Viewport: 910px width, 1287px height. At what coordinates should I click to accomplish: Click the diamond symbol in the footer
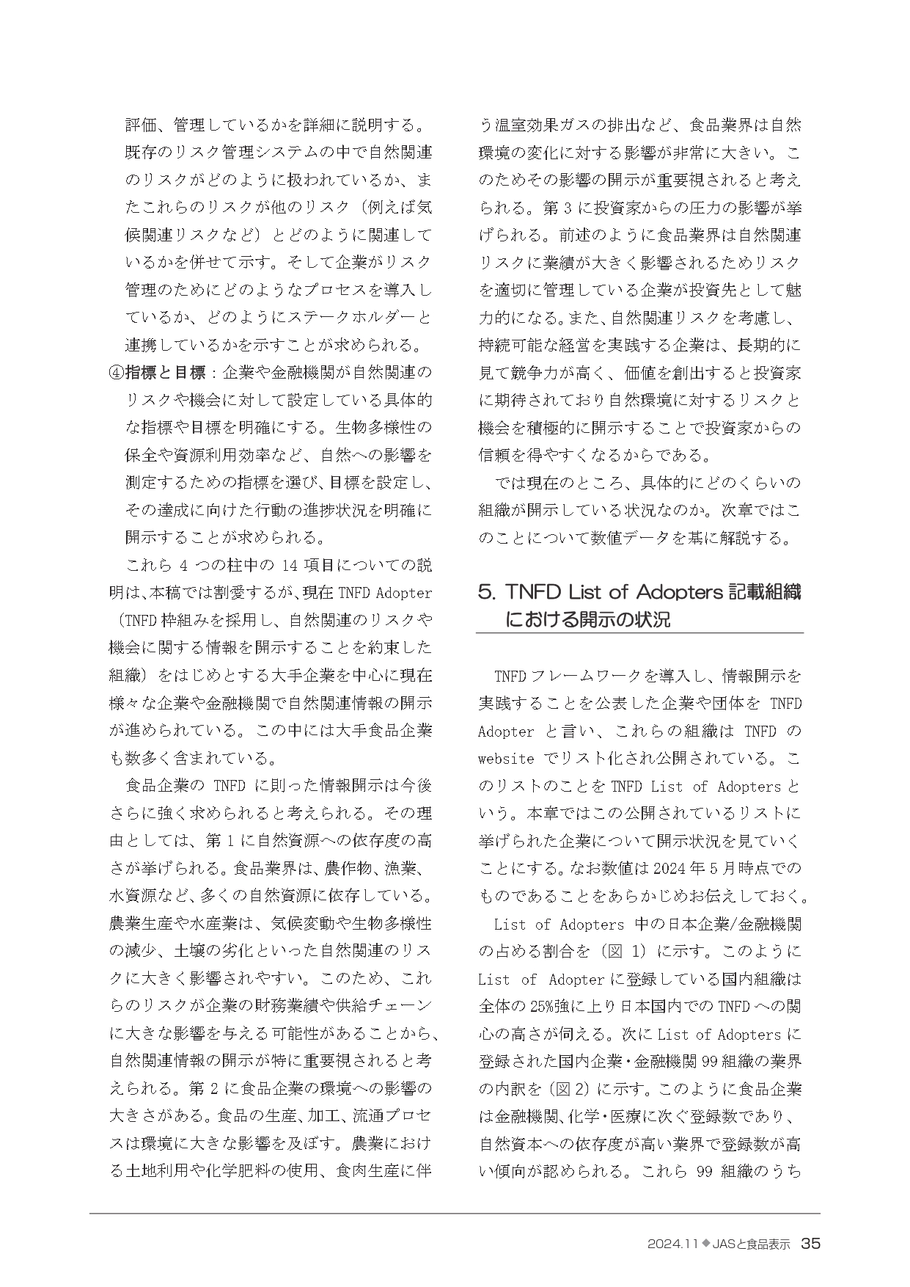[706, 1244]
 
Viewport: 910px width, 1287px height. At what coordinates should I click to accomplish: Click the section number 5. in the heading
[486, 592]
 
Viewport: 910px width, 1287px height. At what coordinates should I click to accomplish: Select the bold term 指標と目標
[165, 373]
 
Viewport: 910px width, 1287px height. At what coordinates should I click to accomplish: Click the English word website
[506, 759]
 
